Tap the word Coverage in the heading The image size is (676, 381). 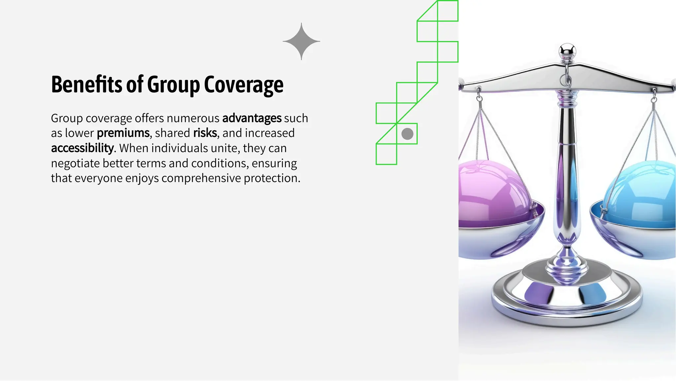pyautogui.click(x=244, y=85)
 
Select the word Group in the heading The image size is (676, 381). pyautogui.click(x=173, y=85)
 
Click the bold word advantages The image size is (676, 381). pyautogui.click(x=252, y=118)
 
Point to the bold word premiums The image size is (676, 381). pyautogui.click(x=123, y=133)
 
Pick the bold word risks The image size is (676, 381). pyautogui.click(x=205, y=133)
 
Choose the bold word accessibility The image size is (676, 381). pyautogui.click(x=82, y=148)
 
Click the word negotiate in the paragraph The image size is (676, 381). pyautogui.click(x=75, y=163)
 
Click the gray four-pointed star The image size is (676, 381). pyautogui.click(x=301, y=41)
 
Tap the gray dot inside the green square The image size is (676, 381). pyautogui.click(x=407, y=134)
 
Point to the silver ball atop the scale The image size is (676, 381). pyautogui.click(x=567, y=51)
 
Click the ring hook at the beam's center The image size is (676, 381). pyautogui.click(x=565, y=79)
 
